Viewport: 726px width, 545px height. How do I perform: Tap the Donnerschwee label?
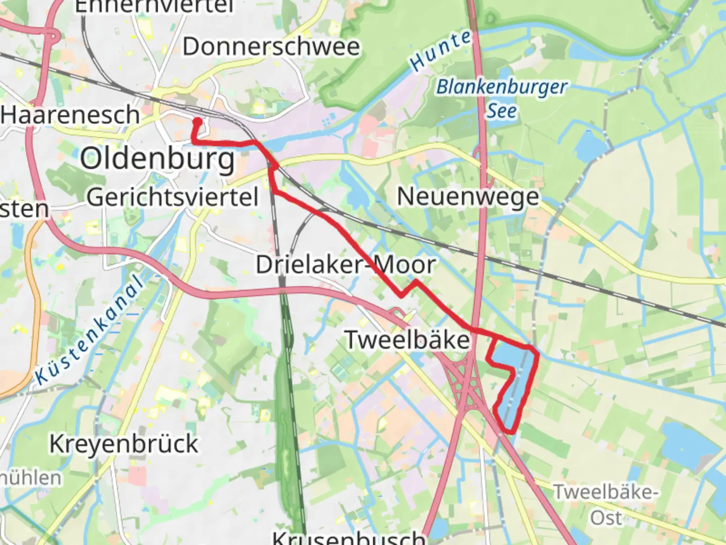pyautogui.click(x=271, y=47)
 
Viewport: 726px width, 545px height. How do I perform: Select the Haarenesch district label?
pyautogui.click(x=70, y=115)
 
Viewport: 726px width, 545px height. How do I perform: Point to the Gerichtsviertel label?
pyautogui.click(x=172, y=197)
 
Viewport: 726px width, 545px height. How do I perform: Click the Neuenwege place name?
pyautogui.click(x=468, y=197)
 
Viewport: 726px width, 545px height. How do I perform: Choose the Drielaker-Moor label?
pyautogui.click(x=345, y=265)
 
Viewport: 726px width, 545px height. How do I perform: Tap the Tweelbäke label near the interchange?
pyautogui.click(x=407, y=339)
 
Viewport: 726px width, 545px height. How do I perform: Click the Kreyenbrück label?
pyautogui.click(x=124, y=444)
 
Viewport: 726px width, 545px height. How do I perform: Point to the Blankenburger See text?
pyautogui.click(x=502, y=98)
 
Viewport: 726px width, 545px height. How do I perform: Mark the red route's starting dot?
pyautogui.click(x=198, y=122)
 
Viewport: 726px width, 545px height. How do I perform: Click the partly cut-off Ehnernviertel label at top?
pyautogui.click(x=154, y=7)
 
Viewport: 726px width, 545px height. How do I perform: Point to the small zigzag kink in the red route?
pyautogui.click(x=408, y=288)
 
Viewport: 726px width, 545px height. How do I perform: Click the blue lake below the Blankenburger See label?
pyautogui.click(x=591, y=144)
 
